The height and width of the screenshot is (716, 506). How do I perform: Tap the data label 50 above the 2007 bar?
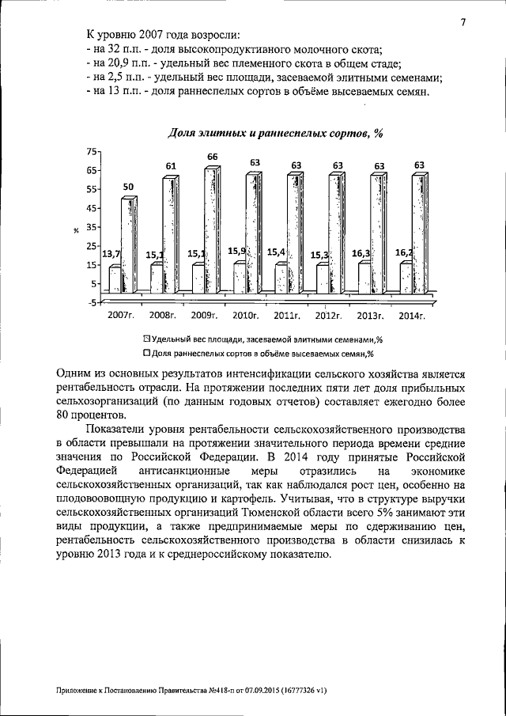pos(127,186)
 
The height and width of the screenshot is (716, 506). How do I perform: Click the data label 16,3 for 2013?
pos(361,253)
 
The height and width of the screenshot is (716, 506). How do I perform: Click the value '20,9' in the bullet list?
pos(115,63)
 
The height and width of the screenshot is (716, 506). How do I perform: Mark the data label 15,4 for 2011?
pos(276,252)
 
